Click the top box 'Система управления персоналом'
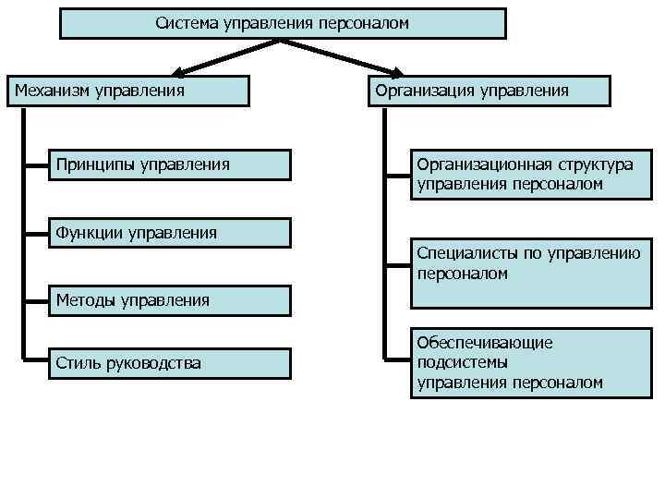tap(283, 23)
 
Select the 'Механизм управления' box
tap(129, 91)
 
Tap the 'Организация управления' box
tap(490, 91)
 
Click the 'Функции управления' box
tap(170, 233)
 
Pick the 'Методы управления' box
tap(170, 299)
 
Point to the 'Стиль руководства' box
tap(170, 363)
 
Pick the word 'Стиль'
tap(79, 363)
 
